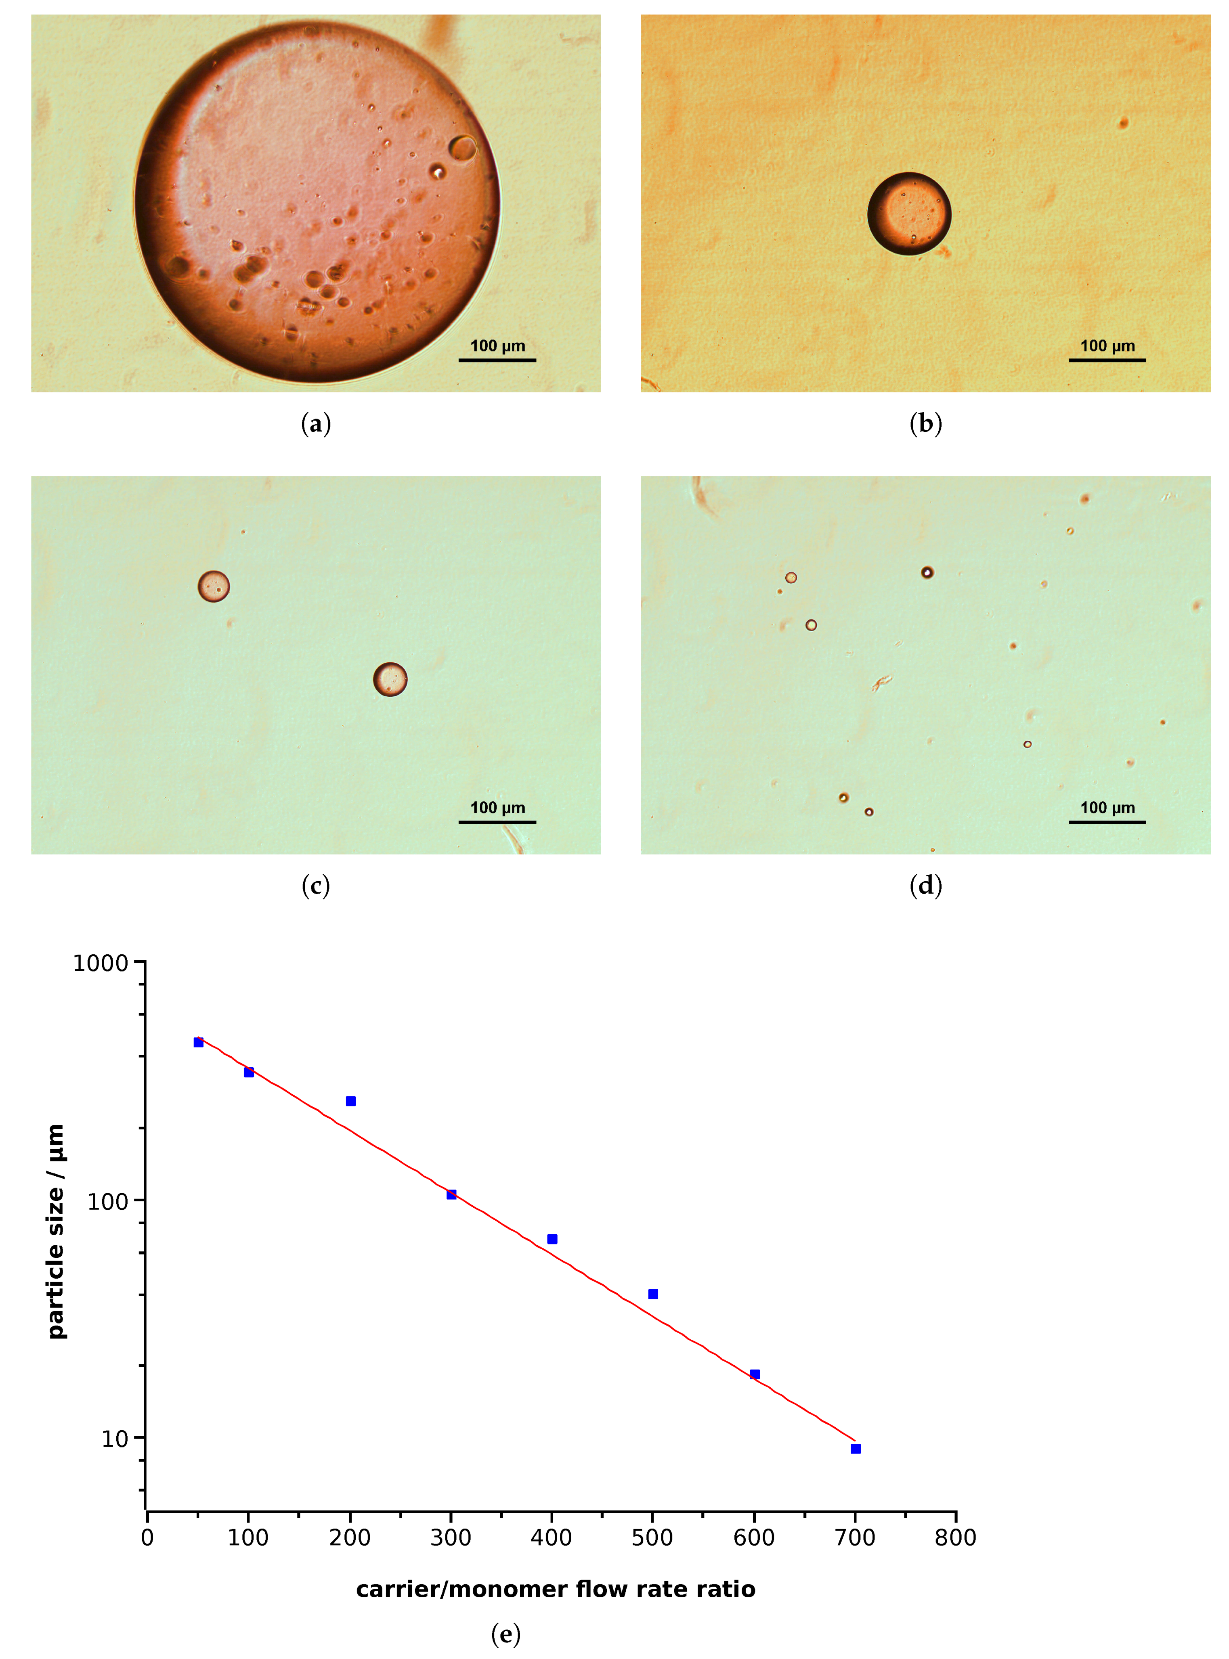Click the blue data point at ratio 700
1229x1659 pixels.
coord(856,1449)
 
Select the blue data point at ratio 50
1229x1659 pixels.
coord(199,1043)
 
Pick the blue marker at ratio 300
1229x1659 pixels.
coord(451,1194)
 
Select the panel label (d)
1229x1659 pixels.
coord(925,886)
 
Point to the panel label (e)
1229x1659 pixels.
coord(506,1634)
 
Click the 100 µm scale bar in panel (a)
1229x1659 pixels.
coord(497,360)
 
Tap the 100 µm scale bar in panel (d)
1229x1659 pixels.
coord(1107,822)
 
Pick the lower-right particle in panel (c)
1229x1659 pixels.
coord(390,679)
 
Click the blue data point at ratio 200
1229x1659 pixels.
coord(350,1101)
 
